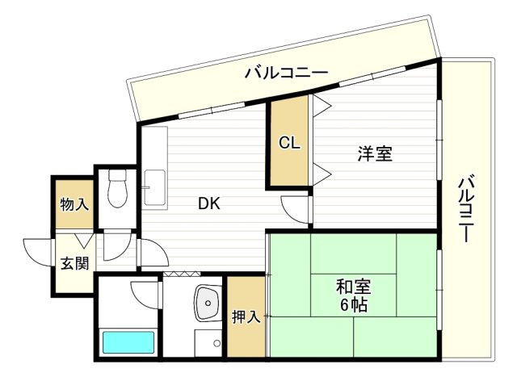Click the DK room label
point(210,204)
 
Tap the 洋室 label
point(375,153)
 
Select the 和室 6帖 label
point(354,295)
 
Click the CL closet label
point(289,144)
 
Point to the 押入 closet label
point(246,316)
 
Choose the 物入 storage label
point(74,204)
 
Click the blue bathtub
point(128,342)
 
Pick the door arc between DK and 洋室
point(296,208)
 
